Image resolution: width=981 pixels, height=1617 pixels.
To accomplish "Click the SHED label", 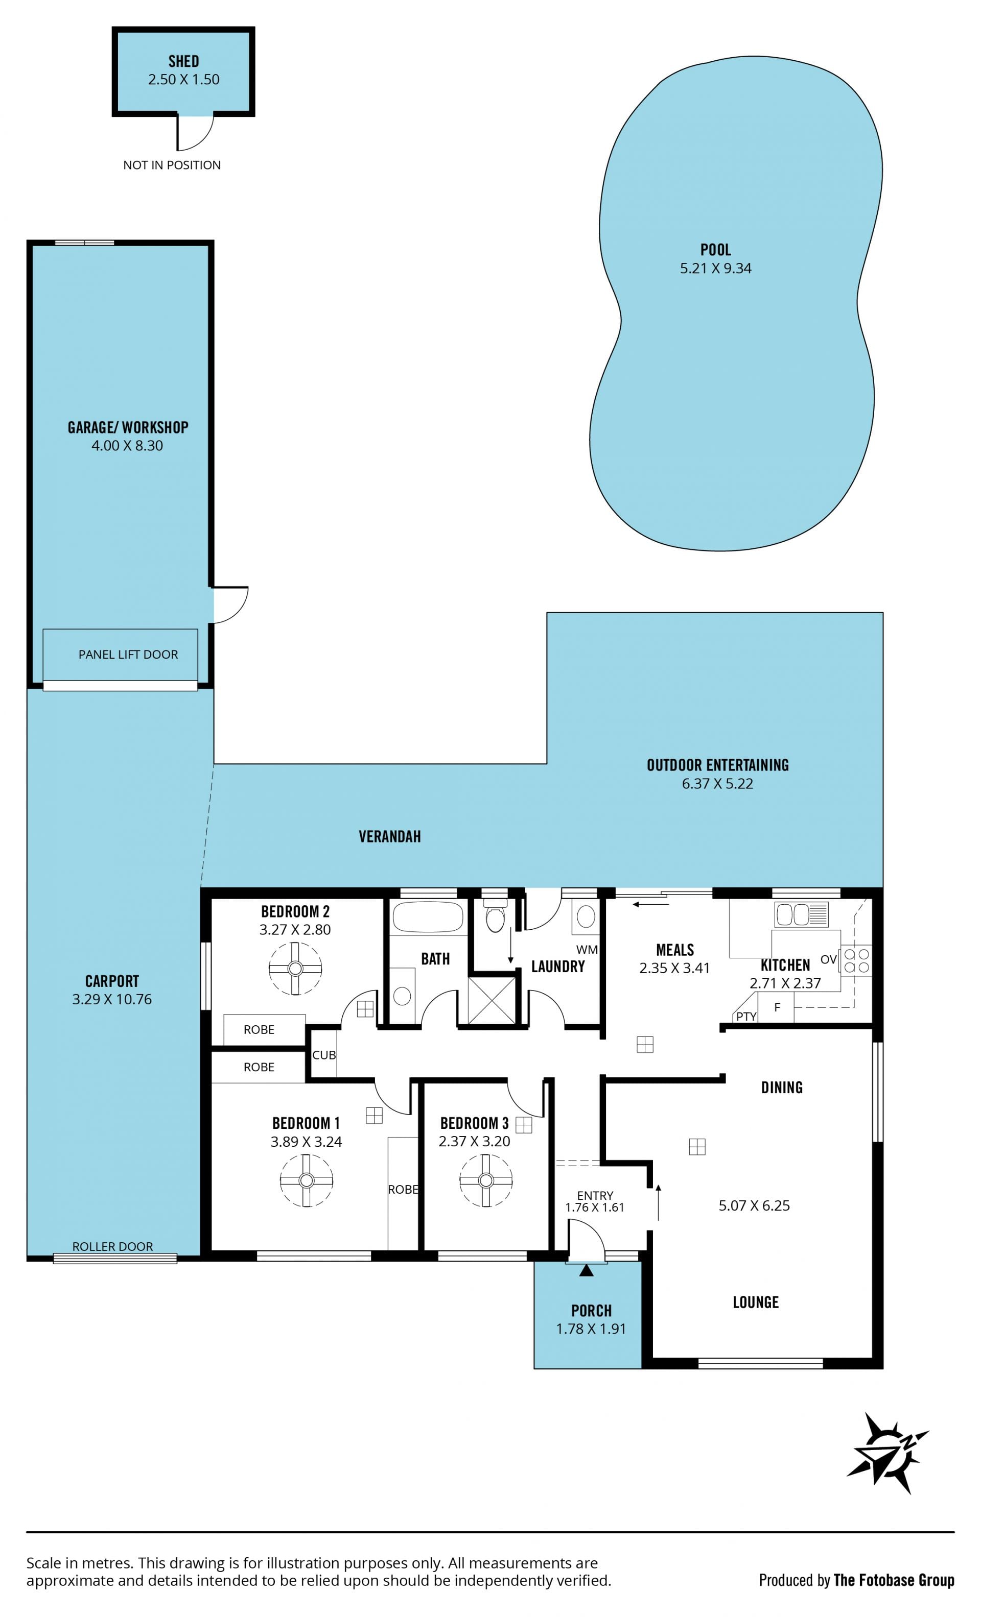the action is click(x=184, y=61).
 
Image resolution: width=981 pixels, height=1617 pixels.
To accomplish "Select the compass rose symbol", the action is click(x=888, y=1456).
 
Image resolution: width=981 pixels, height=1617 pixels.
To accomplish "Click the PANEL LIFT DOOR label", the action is click(x=128, y=654).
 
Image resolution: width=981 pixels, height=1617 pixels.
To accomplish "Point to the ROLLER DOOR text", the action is click(x=112, y=1246).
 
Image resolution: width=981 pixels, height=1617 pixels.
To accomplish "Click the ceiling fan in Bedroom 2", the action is click(x=295, y=968).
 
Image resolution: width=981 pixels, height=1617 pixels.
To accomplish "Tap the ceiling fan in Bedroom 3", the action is click(x=486, y=1180).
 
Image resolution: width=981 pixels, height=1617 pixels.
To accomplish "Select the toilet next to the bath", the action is click(x=495, y=915).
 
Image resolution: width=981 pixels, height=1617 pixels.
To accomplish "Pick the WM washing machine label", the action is click(x=587, y=950).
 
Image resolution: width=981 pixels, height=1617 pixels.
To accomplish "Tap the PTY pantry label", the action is click(x=746, y=1017).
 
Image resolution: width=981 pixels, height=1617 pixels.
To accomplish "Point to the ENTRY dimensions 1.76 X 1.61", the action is click(x=595, y=1207).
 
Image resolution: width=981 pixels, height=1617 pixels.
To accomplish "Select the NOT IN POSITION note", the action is click(x=172, y=165).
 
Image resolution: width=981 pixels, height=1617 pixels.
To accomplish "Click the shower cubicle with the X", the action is click(x=492, y=1000).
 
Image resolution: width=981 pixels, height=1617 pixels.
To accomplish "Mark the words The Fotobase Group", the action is click(x=894, y=1580).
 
